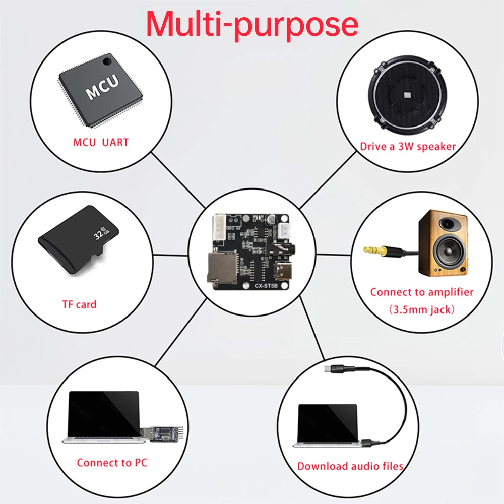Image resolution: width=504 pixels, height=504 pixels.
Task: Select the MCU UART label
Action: [x=101, y=142]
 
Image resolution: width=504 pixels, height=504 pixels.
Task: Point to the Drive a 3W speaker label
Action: [x=408, y=147]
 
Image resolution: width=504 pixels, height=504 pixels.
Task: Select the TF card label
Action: [x=79, y=304]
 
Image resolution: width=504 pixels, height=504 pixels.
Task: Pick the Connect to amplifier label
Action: [x=422, y=292]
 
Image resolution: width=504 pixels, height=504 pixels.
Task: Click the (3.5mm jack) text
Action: [x=422, y=309]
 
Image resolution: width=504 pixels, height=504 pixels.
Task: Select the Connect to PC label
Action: [x=112, y=462]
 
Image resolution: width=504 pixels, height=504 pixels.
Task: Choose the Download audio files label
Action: [x=350, y=466]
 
